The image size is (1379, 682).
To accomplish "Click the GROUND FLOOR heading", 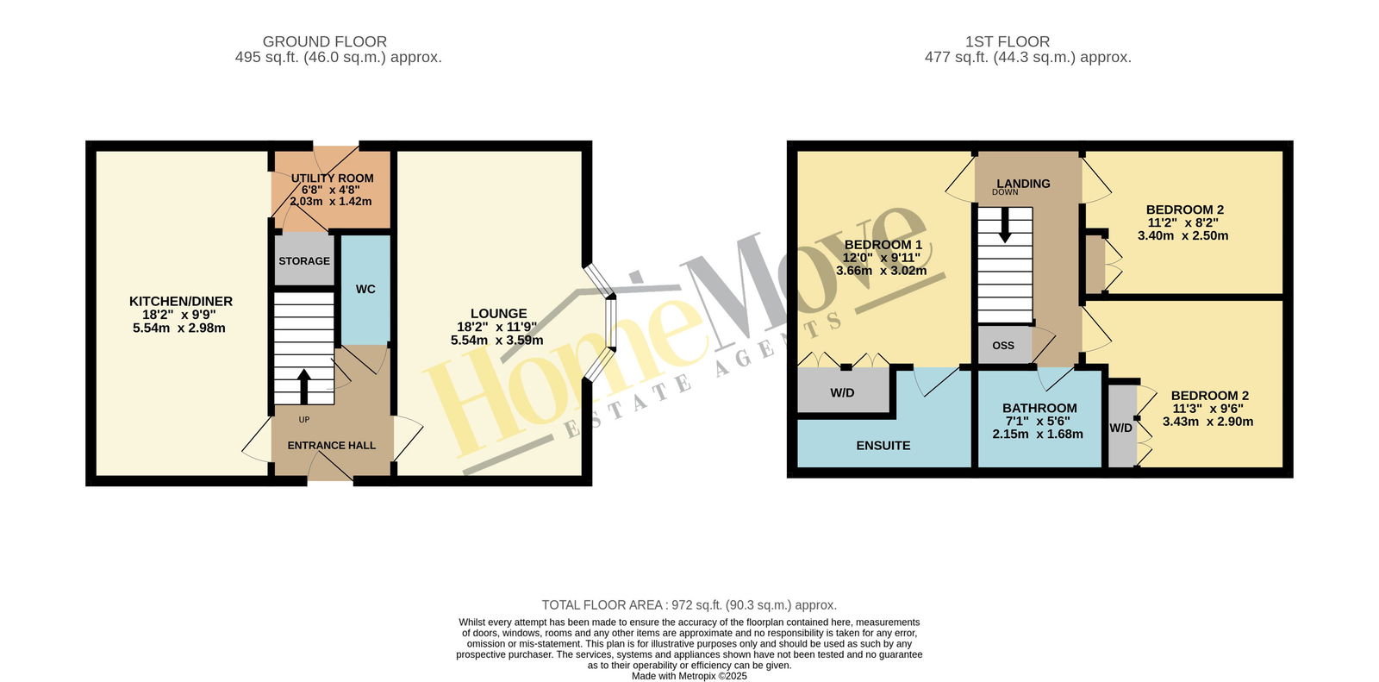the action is [x=324, y=41].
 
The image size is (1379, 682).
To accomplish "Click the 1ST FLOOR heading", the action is [x=1008, y=41].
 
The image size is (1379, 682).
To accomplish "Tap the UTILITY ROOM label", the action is [x=332, y=178].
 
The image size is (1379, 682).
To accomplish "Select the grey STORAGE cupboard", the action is [x=304, y=259].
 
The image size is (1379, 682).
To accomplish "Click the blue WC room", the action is [x=365, y=290].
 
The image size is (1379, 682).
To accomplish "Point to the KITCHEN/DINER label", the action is [x=180, y=301].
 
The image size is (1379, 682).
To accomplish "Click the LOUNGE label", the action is [x=499, y=314].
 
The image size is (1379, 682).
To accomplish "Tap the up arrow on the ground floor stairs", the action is [x=303, y=386].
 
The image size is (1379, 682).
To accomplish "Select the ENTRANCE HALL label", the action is [x=331, y=446].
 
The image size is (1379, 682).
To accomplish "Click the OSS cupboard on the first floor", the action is [x=1004, y=345].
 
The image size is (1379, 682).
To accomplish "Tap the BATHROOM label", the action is [x=1039, y=408].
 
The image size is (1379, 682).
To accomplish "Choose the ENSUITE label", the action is [x=883, y=446].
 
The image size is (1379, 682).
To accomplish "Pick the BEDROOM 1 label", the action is [x=883, y=245].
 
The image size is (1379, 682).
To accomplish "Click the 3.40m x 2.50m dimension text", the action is [x=1182, y=235].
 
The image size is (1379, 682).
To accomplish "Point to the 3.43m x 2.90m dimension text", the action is [x=1207, y=422].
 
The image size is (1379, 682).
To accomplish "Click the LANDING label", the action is [x=1023, y=184].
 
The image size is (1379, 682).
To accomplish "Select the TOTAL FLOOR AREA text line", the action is [x=689, y=605].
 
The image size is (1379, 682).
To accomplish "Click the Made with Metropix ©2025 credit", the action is [x=689, y=676].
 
